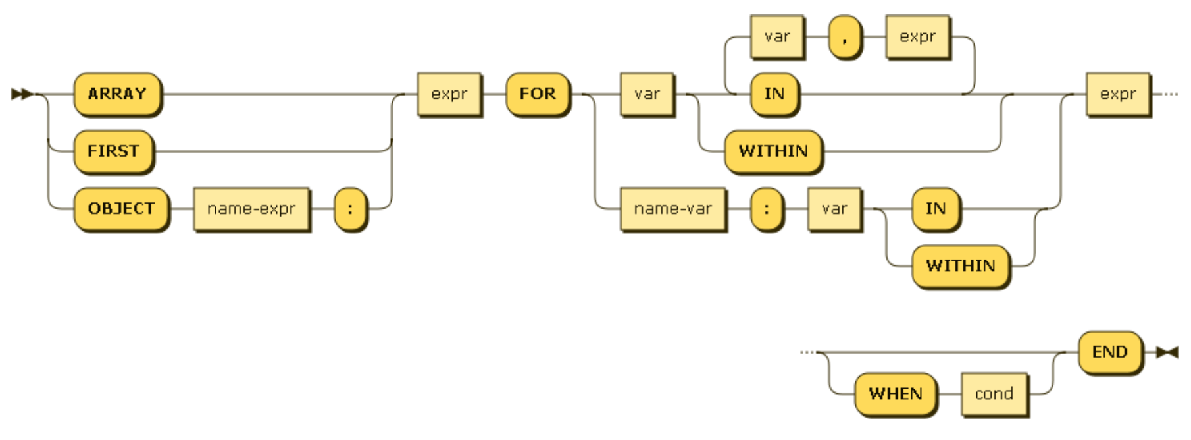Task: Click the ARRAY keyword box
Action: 117,94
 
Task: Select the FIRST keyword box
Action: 113,151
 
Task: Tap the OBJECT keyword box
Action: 121,209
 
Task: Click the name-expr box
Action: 251,209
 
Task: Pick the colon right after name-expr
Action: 350,209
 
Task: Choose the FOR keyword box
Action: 537,94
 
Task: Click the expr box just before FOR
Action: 449,94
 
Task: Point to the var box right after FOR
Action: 647,94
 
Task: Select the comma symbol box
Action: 844,37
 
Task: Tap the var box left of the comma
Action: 776,37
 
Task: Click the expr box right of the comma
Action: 917,37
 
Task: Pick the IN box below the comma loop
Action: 774,94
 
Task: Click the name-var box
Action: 672,209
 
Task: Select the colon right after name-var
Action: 767,209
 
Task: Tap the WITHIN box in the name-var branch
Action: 960,266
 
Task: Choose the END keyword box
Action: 1109,352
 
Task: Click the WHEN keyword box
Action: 895,394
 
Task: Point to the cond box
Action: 994,394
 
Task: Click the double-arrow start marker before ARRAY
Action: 21,94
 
